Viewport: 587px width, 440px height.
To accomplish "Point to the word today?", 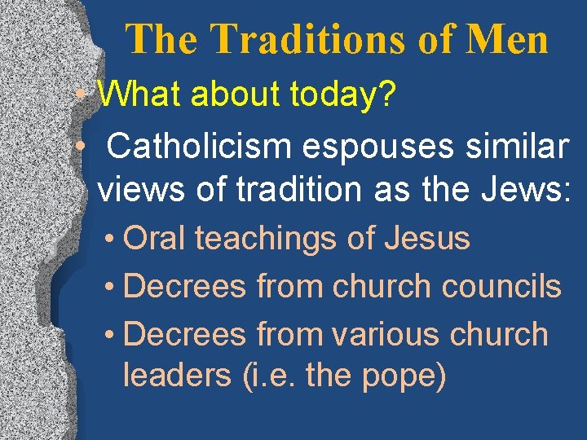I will [x=342, y=96].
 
